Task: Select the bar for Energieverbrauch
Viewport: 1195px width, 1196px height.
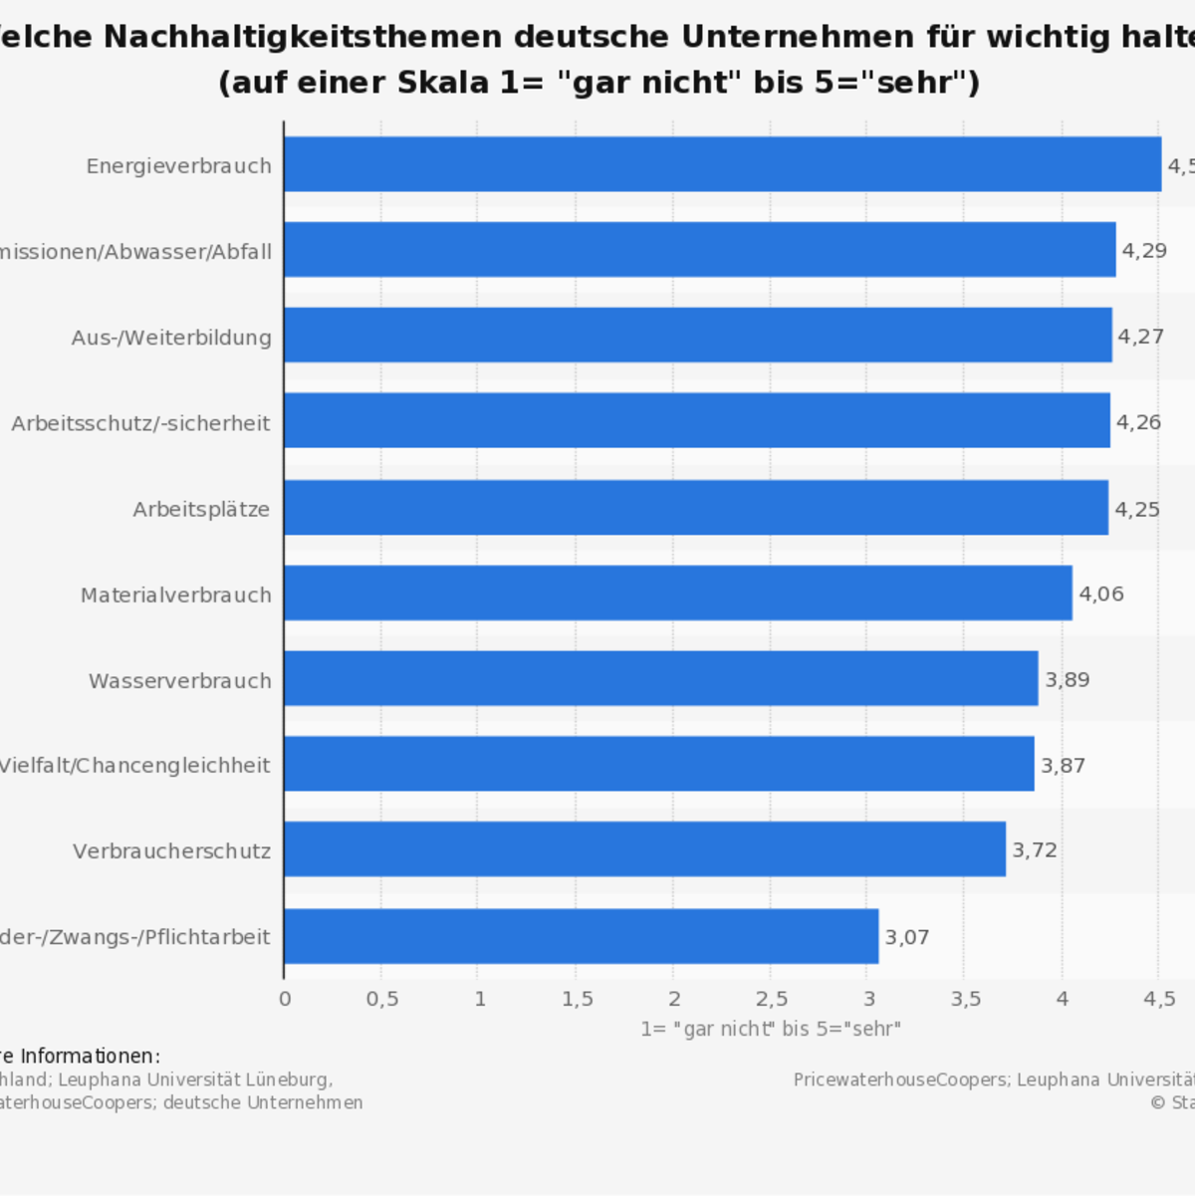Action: tap(722, 164)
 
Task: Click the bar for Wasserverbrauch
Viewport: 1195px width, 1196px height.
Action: tap(660, 678)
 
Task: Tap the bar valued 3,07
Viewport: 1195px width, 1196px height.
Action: tap(581, 936)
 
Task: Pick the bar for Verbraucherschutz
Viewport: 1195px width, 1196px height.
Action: tap(644, 849)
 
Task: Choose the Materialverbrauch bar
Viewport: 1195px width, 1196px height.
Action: tap(677, 594)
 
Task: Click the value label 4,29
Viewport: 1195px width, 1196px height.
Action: tap(1144, 251)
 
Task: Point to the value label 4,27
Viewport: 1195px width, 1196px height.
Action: tap(1140, 337)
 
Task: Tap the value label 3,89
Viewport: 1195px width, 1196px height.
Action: tap(1067, 680)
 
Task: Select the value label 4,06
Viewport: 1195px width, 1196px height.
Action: tap(1101, 595)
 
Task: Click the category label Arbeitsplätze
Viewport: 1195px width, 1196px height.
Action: tap(201, 510)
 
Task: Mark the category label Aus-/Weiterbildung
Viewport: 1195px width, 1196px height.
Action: tap(171, 338)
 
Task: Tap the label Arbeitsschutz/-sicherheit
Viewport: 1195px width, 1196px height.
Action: tap(140, 424)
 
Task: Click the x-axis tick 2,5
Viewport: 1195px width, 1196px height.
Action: tap(771, 999)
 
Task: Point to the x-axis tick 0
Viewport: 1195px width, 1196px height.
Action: tap(285, 999)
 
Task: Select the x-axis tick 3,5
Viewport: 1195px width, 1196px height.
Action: tap(965, 999)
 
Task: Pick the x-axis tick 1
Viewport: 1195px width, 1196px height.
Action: tap(480, 999)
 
